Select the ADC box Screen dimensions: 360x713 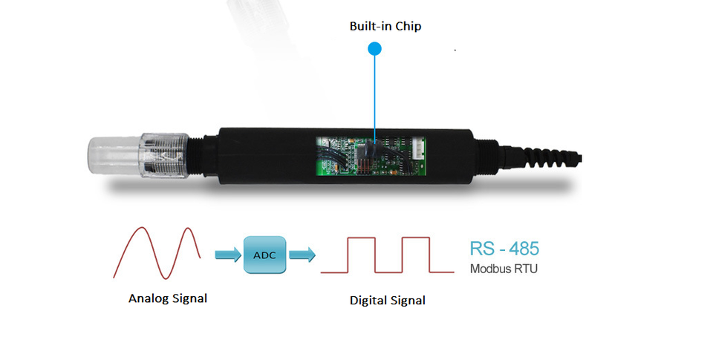264,255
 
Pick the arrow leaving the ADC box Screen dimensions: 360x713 302,255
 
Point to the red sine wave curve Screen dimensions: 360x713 157,253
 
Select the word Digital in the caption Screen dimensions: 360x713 369,301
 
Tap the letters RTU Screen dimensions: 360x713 526,269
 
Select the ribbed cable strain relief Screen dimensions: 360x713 542,154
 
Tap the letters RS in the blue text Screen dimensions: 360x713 481,249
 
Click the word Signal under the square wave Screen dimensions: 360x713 408,301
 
